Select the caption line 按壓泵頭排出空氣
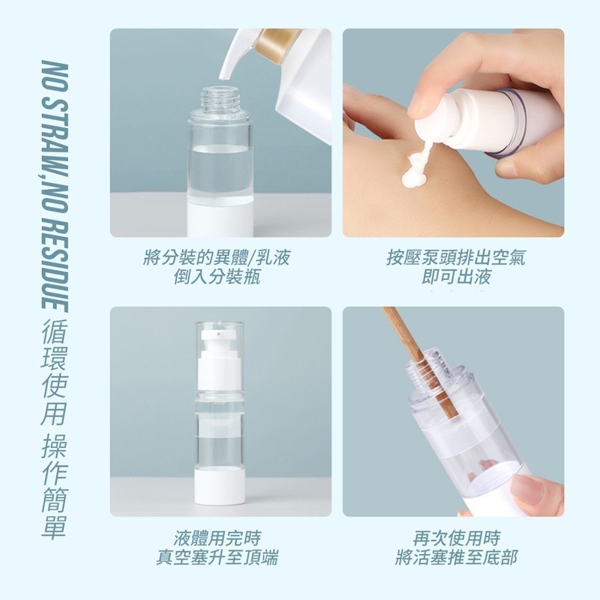tap(455, 259)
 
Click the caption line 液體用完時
tap(217, 538)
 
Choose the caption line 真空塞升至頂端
tap(217, 557)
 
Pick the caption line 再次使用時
tap(455, 538)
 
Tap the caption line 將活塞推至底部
tap(455, 557)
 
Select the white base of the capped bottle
tap(220, 491)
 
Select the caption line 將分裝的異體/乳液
tap(217, 259)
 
